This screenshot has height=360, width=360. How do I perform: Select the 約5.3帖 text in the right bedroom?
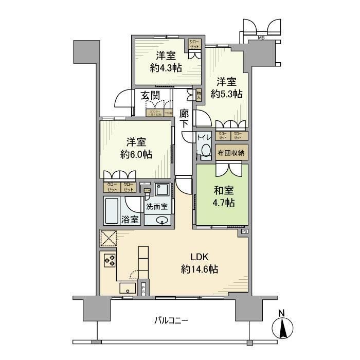pyautogui.click(x=226, y=95)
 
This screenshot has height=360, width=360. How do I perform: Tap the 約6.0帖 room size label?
pyautogui.click(x=137, y=154)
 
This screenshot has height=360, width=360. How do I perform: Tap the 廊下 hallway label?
pyautogui.click(x=185, y=120)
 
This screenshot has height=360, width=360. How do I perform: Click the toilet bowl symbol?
pyautogui.click(x=206, y=150)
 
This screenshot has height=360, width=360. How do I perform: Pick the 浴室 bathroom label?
pyautogui.click(x=130, y=220)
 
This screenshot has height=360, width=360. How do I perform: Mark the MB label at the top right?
pyautogui.click(x=261, y=38)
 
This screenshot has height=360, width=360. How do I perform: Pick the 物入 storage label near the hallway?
pyautogui.click(x=199, y=94)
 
